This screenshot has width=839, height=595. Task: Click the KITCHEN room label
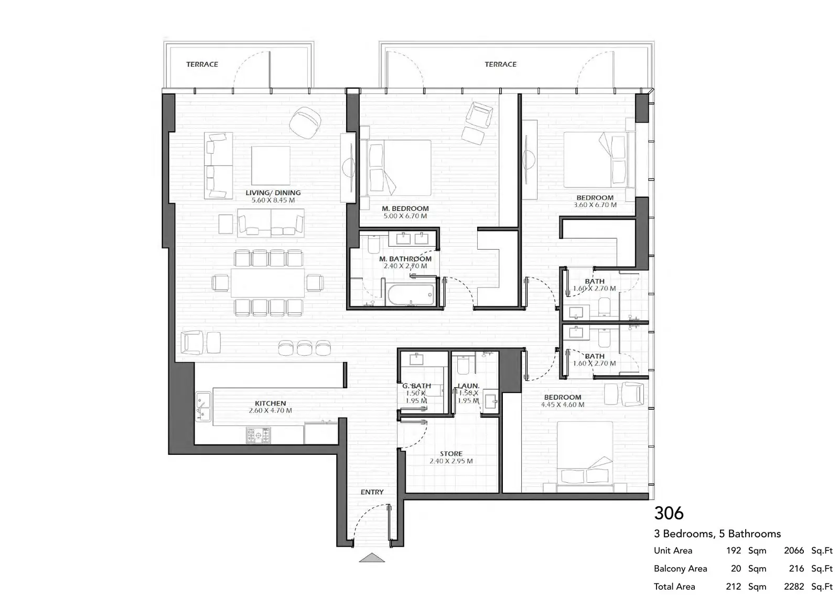(x=270, y=403)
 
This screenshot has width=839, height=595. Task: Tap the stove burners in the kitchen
(x=258, y=435)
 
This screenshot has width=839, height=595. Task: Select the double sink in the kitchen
(x=203, y=407)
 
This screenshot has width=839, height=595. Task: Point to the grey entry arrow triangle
(x=372, y=558)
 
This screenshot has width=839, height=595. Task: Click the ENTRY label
(x=372, y=492)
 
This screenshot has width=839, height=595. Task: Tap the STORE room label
(x=451, y=454)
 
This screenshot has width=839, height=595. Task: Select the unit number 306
(x=669, y=513)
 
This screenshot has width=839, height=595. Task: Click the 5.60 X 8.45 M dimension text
(x=273, y=200)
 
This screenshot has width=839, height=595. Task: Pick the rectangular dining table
(x=267, y=282)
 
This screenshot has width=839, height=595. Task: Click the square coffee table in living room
(x=271, y=166)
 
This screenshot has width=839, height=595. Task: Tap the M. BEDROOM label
(x=405, y=209)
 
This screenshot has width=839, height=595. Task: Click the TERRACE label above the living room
(x=202, y=64)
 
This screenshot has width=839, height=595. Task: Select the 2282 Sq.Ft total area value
(x=808, y=587)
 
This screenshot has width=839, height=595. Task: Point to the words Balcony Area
(x=680, y=568)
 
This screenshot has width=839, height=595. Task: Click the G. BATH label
(x=416, y=386)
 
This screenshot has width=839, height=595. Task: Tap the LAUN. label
(x=469, y=386)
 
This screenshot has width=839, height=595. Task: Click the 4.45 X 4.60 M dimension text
(x=563, y=405)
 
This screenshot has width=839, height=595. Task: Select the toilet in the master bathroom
(x=374, y=244)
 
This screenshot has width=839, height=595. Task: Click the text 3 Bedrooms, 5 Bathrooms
(x=717, y=534)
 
